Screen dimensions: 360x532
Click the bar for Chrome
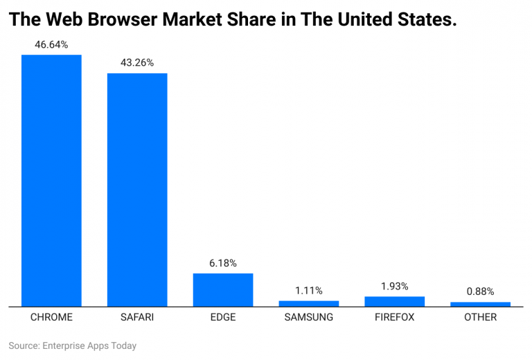(x=51, y=180)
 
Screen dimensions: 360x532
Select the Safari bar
(x=137, y=189)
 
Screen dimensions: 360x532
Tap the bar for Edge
(x=223, y=289)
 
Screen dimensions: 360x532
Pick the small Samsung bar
(x=309, y=303)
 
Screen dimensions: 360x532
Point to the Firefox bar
(x=395, y=301)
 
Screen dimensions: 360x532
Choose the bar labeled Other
(x=481, y=304)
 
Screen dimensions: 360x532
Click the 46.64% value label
(x=51, y=44)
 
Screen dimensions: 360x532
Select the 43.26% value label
(x=137, y=62)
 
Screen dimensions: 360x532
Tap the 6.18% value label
(x=223, y=263)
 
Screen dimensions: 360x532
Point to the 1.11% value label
(x=309, y=290)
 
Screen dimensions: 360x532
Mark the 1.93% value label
(x=395, y=286)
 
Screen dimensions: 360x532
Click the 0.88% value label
(x=481, y=291)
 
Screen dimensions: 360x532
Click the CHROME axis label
(x=51, y=318)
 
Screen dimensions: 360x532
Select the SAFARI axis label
(x=137, y=318)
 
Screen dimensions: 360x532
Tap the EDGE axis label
(x=223, y=318)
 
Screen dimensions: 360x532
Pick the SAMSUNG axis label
(x=309, y=318)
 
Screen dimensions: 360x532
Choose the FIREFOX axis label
(x=395, y=318)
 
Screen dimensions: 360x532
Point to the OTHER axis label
(x=481, y=318)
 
